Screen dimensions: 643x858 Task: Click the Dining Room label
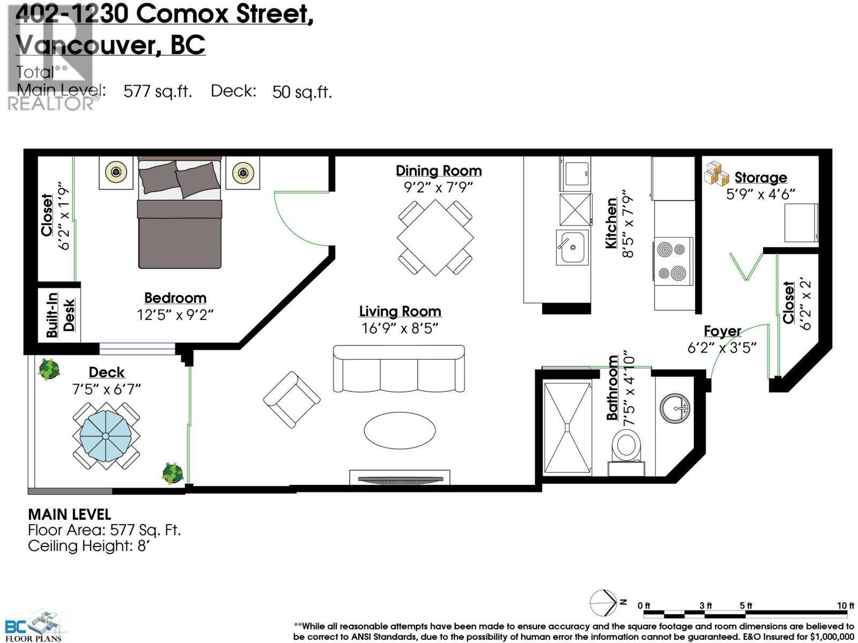click(x=439, y=170)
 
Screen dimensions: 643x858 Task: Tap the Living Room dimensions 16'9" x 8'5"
click(x=400, y=328)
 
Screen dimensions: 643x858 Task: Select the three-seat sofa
click(x=399, y=368)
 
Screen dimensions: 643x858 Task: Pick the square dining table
click(x=435, y=237)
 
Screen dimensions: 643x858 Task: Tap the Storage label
click(x=760, y=177)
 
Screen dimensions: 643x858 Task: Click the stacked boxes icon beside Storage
click(x=716, y=174)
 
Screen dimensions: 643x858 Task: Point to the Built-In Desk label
click(x=60, y=315)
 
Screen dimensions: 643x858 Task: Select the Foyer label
click(x=722, y=331)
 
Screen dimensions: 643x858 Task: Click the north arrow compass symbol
click(x=604, y=603)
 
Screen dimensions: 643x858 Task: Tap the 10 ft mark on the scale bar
click(x=846, y=605)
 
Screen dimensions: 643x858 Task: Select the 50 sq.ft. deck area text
click(x=302, y=92)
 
